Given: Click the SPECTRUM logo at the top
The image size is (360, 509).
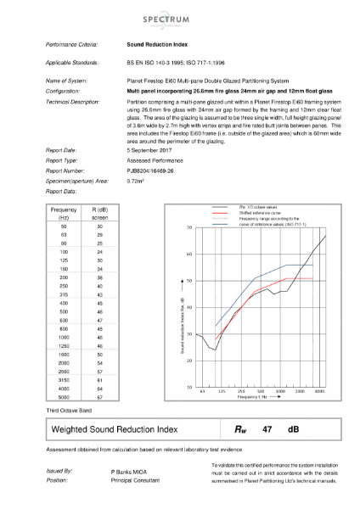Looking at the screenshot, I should (x=179, y=18).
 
